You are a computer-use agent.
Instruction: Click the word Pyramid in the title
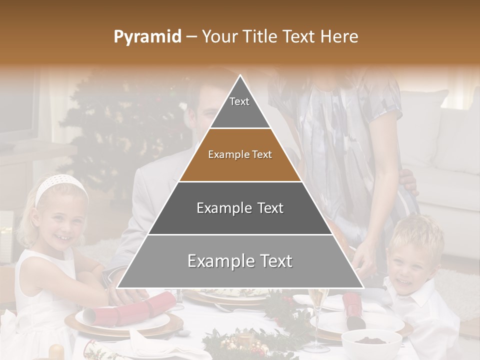pyautogui.click(x=147, y=36)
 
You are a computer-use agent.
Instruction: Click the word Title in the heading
pyautogui.click(x=262, y=36)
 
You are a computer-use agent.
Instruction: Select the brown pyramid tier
pyautogui.click(x=240, y=155)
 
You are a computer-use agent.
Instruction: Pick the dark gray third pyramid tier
pyautogui.click(x=240, y=208)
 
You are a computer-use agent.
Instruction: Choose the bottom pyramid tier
pyautogui.click(x=240, y=261)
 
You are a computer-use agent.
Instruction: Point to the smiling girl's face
pyautogui.click(x=62, y=222)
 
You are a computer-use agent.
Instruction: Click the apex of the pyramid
pyautogui.click(x=240, y=76)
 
